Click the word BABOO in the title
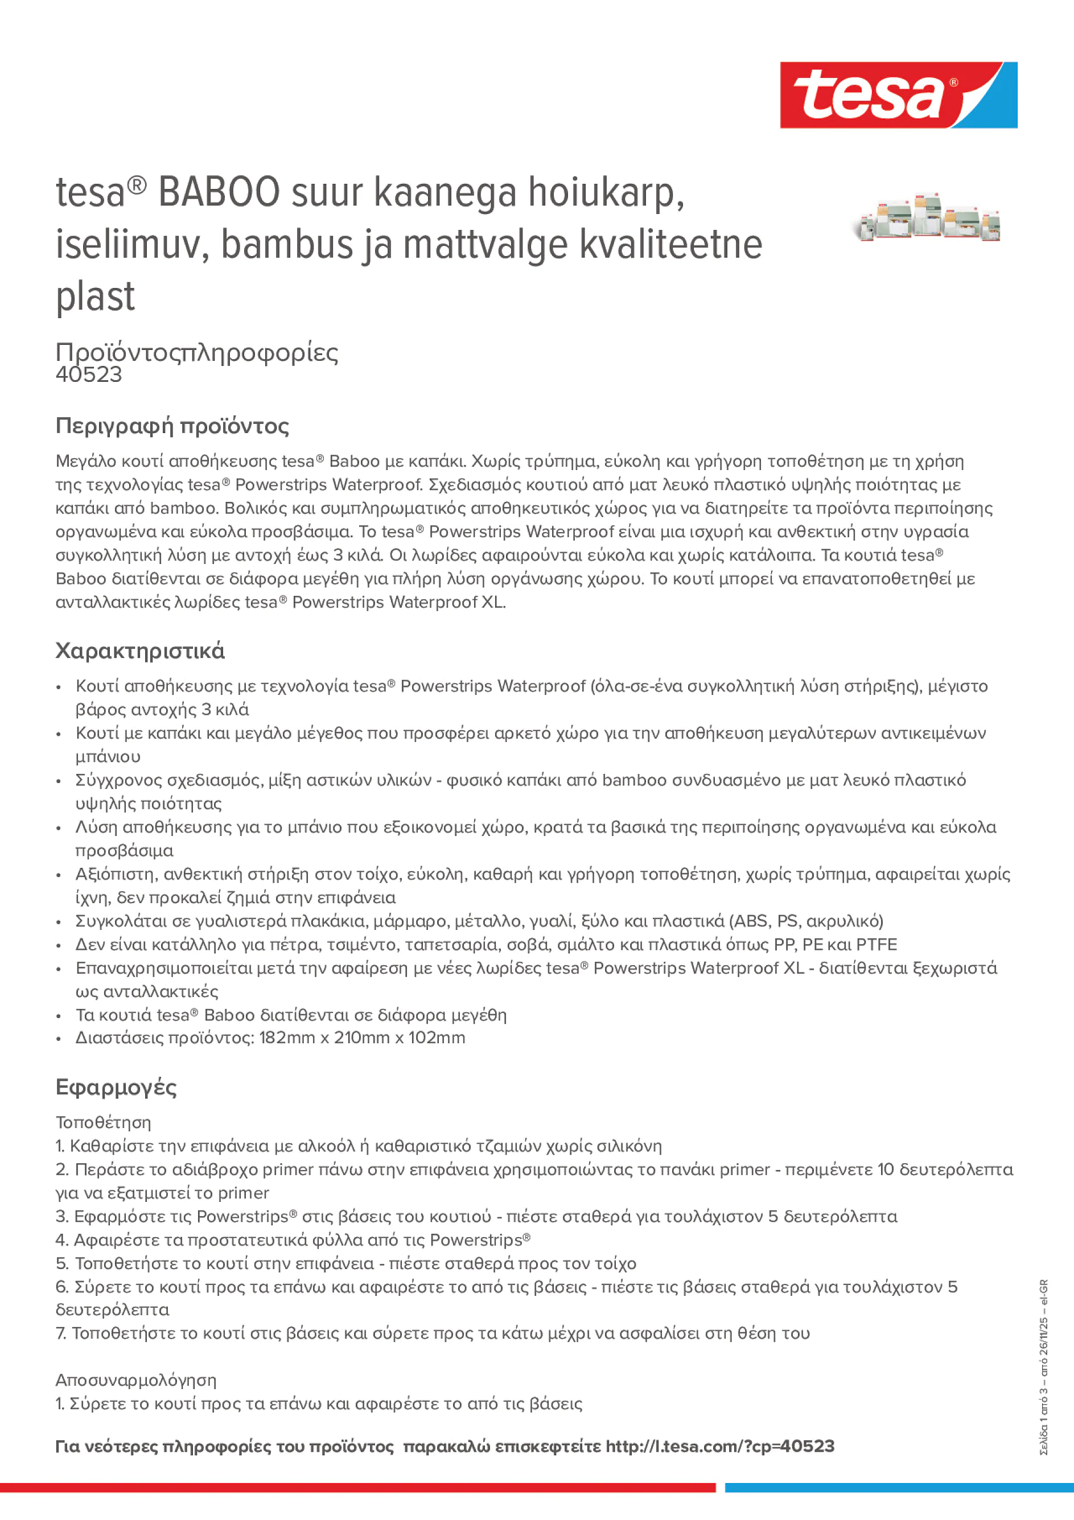coord(219,193)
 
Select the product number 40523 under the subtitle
coord(89,374)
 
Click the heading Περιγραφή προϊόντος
coord(172,426)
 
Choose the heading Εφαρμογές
coord(116,1088)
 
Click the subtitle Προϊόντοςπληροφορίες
coord(197,352)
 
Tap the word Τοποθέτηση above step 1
coord(103,1123)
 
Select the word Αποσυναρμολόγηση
coord(135,1381)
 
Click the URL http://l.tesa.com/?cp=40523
coord(720,1447)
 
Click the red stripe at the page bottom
coord(357,1488)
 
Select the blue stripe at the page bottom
coord(899,1488)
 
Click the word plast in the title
coord(96,296)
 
